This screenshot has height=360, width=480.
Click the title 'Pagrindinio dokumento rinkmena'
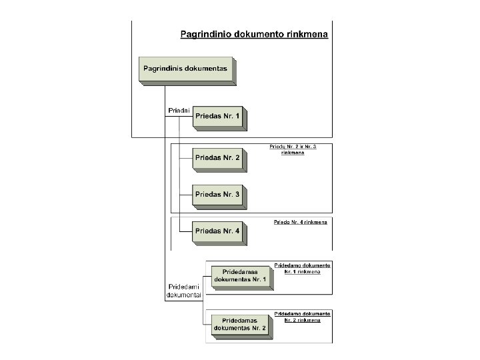(x=254, y=35)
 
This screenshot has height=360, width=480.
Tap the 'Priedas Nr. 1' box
(x=217, y=117)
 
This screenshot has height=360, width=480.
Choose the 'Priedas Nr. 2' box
(x=217, y=158)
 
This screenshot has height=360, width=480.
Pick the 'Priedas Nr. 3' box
(x=217, y=195)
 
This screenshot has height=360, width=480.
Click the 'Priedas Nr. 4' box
(x=217, y=231)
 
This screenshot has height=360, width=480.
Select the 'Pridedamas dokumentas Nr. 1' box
(x=240, y=275)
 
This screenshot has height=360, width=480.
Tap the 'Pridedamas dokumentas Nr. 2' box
(x=240, y=324)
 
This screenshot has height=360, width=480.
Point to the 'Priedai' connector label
(x=177, y=110)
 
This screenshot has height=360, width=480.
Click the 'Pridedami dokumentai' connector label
(x=183, y=290)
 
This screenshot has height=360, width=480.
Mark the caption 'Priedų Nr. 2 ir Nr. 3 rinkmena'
(x=293, y=149)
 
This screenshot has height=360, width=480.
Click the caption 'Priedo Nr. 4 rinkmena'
(x=301, y=222)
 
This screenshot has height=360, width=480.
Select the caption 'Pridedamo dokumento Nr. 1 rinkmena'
(x=303, y=268)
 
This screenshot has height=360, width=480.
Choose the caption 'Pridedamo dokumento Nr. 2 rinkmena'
(x=303, y=317)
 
